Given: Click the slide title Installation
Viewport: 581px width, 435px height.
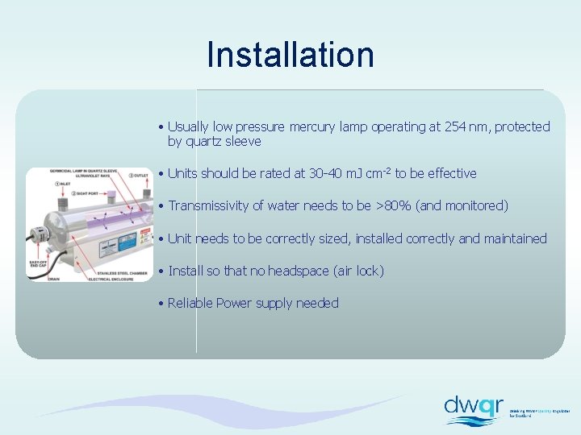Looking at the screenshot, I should tap(290, 55).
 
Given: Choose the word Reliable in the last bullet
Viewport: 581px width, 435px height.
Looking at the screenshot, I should tap(190, 303).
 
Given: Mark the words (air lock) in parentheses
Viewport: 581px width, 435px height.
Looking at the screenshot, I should tap(358, 271).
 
